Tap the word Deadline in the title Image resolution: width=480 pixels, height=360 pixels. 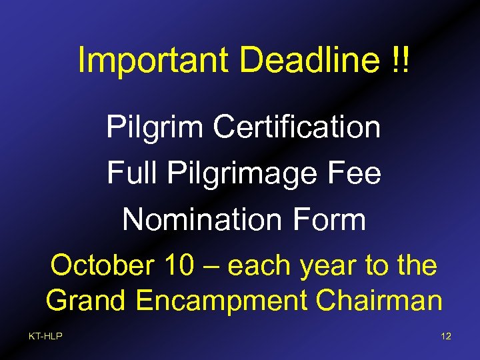coord(307,61)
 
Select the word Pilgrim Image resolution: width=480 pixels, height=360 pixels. coord(155,127)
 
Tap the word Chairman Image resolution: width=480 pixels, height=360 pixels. coord(379,301)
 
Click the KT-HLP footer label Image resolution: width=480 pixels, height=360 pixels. coord(45,336)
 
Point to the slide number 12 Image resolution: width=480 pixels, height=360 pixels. coord(446,336)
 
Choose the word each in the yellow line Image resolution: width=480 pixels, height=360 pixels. coord(259,266)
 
